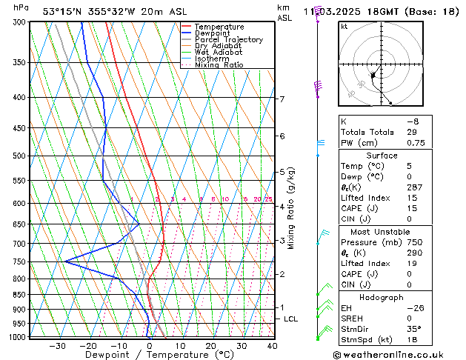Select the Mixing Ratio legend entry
(x=219, y=65)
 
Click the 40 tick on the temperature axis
(x=272, y=345)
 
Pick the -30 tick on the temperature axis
(x=57, y=345)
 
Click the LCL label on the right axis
(x=292, y=319)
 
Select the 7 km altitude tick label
(x=282, y=99)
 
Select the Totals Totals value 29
(x=412, y=132)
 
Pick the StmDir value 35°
(x=413, y=330)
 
